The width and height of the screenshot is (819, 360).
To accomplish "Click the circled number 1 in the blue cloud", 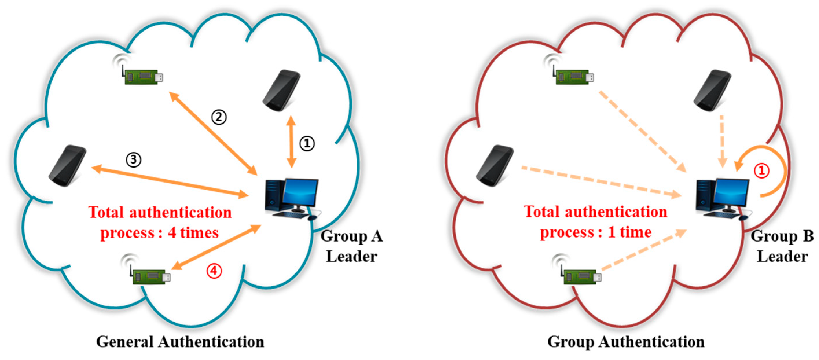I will pos(307,144).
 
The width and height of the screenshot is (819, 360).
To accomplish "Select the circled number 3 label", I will pos(133,159).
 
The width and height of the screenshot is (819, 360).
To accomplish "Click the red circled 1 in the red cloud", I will pos(761,171).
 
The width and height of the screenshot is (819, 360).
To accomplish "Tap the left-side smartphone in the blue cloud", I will pos(67,166).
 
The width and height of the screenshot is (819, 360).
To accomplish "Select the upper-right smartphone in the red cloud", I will pos(713,91).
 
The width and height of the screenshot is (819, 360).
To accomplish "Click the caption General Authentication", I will pos(180,342).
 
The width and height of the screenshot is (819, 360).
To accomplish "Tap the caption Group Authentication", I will pos(626,342).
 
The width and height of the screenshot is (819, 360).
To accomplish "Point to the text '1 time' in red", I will pos(629,232).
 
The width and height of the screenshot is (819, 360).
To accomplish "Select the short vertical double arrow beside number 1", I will pos(291,142).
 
